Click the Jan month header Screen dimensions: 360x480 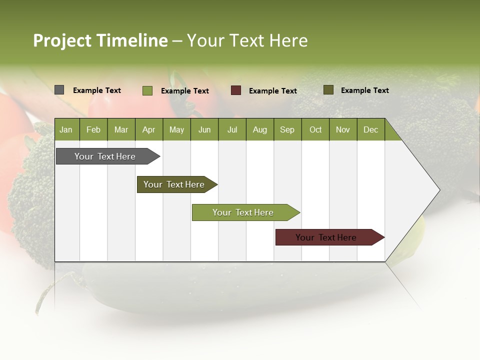(x=66, y=129)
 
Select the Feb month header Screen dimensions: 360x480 (x=93, y=129)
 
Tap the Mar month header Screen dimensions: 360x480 (x=121, y=129)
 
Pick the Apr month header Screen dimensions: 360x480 (x=149, y=129)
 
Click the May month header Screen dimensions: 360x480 (x=176, y=129)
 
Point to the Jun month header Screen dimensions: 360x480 (x=204, y=129)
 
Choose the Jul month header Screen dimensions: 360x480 (x=232, y=129)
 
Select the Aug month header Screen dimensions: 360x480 (x=260, y=129)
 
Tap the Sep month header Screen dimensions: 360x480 (x=287, y=129)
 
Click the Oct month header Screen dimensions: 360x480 (x=315, y=129)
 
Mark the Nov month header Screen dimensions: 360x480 (x=343, y=129)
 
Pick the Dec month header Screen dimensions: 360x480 (x=371, y=129)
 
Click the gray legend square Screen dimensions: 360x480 (x=59, y=90)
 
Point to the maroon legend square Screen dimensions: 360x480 (x=236, y=90)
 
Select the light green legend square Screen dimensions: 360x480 (x=147, y=90)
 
